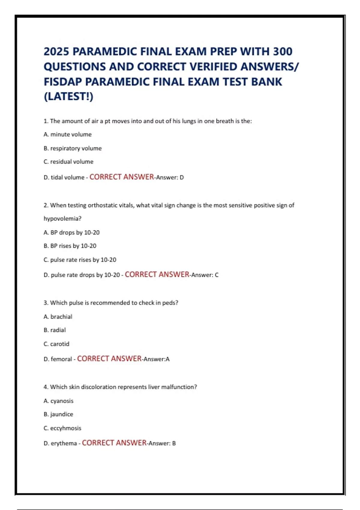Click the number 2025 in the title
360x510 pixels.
point(56,52)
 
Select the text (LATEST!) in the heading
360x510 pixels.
point(69,97)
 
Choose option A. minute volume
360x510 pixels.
point(67,134)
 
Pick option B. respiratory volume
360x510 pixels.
point(73,148)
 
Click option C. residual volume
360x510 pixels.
point(68,162)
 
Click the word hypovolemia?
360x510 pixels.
point(62,219)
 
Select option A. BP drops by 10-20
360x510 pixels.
point(71,232)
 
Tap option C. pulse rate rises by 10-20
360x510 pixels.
point(80,260)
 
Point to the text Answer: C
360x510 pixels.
point(205,275)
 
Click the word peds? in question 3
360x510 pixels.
point(170,303)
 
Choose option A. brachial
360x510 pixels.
point(58,317)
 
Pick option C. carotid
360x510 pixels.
point(56,344)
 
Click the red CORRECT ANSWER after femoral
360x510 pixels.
point(109,359)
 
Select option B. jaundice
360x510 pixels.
point(58,414)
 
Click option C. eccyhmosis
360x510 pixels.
point(62,428)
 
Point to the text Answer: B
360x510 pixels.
point(162,443)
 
